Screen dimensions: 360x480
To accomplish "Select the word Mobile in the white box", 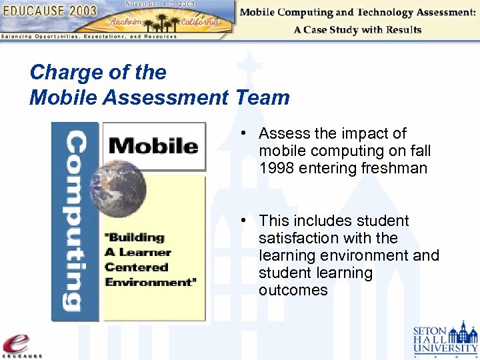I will tap(153, 145).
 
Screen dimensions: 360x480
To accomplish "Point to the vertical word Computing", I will tap(75, 221).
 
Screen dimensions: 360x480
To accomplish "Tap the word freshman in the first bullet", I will tap(394, 168).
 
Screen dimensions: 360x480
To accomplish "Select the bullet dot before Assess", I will tap(245, 133).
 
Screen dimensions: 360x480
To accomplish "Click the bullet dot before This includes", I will tap(245, 221).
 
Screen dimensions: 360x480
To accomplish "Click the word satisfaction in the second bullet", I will tap(301, 238).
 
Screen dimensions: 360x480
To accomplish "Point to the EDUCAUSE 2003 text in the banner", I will tap(50, 11).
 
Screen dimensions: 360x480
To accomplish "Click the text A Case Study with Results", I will tap(357, 30).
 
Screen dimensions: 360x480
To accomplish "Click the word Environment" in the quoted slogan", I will tap(151, 282).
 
